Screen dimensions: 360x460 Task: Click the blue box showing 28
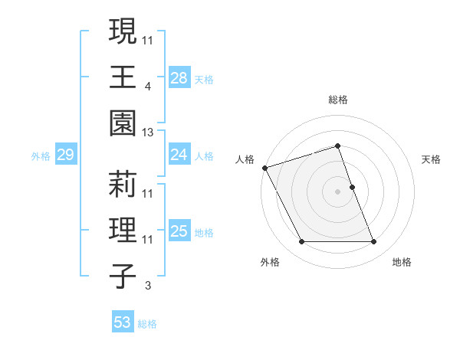179,77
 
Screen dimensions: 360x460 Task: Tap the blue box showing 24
179,155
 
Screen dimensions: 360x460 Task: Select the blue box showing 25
179,231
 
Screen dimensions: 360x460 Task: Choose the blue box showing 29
65,155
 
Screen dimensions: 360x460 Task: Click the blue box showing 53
122,322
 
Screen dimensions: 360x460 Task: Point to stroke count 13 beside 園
148,133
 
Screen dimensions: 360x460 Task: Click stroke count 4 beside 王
147,87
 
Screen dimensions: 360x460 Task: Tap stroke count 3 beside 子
147,286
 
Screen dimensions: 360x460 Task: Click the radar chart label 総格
337,100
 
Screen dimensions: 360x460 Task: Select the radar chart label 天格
431,159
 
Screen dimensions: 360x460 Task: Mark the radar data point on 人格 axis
264,167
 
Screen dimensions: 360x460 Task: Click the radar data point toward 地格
374,242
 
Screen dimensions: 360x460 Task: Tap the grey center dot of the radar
337,191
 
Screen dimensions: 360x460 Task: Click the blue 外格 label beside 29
41,156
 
